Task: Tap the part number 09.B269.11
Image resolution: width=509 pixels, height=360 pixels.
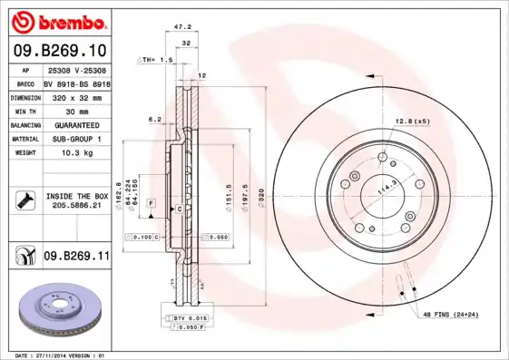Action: click(x=76, y=257)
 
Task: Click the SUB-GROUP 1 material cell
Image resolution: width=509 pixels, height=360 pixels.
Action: click(x=74, y=139)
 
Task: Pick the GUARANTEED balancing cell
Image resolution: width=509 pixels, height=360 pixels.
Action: click(x=74, y=124)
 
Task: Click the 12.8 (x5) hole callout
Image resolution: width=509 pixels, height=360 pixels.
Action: click(x=411, y=121)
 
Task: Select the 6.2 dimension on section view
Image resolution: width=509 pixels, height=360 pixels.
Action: click(x=155, y=119)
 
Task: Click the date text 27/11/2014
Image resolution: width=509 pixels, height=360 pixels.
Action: click(x=64, y=355)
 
